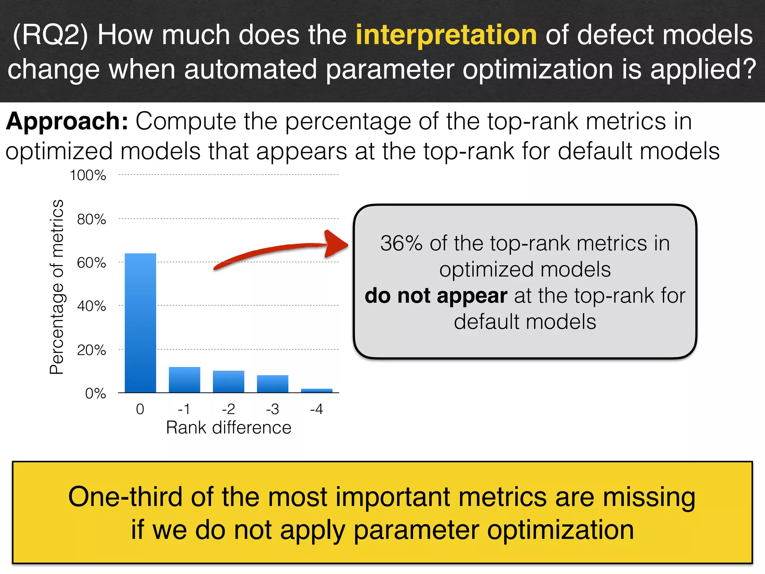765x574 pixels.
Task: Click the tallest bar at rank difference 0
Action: pos(140,323)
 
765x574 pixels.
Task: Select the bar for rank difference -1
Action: pos(184,380)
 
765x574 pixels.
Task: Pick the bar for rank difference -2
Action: pos(228,382)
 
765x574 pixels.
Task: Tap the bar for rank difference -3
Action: pos(272,384)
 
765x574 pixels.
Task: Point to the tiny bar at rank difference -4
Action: pos(316,391)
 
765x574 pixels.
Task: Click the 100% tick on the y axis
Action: pos(88,175)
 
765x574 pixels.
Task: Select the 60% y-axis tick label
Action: pos(92,263)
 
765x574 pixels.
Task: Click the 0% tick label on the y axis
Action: pos(96,394)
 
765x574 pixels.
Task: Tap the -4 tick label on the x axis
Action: pos(316,409)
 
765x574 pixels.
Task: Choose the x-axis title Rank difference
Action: pos(228,428)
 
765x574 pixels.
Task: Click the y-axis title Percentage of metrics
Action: pos(57,287)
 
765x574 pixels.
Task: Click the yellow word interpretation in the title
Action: pos(446,35)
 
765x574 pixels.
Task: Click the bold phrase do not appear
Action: pos(436,296)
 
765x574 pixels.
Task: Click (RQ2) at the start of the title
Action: pos(50,35)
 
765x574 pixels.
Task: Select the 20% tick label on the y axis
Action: pos(92,350)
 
